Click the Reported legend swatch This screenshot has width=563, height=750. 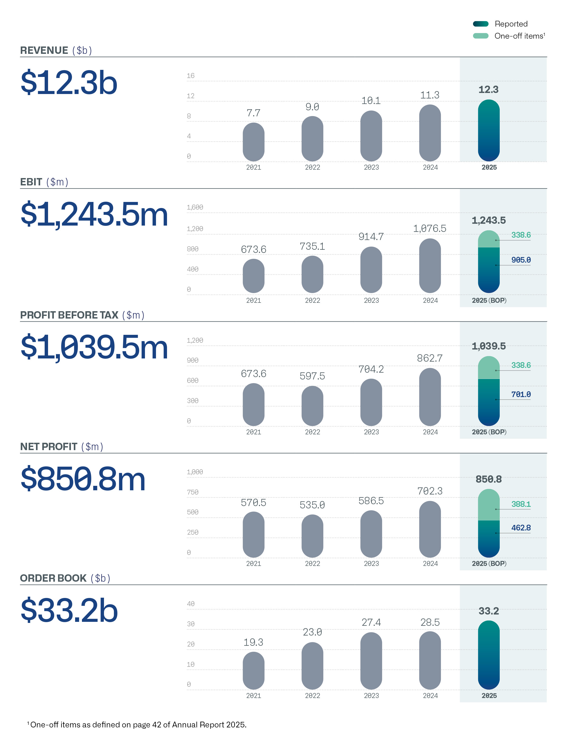(480, 24)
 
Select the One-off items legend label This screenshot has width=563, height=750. (519, 36)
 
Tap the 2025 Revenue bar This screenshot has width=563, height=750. (488, 131)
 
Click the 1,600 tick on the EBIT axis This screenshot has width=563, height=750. (195, 207)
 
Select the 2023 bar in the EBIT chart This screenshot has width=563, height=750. (371, 270)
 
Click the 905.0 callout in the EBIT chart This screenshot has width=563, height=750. (521, 260)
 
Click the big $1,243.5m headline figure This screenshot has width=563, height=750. (94, 214)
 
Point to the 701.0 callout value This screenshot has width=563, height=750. (521, 394)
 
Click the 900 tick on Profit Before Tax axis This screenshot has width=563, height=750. (192, 360)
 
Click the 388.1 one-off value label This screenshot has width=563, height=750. (521, 504)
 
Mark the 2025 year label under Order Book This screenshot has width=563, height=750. (489, 696)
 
